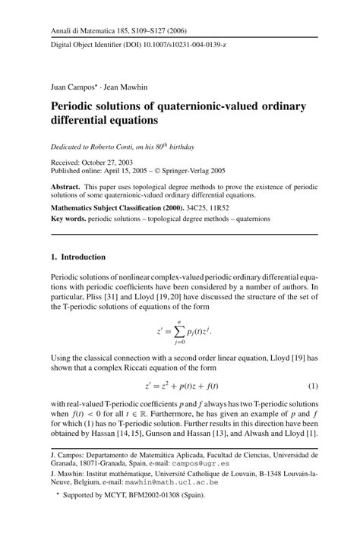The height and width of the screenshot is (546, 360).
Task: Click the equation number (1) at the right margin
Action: pyautogui.click(x=312, y=387)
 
